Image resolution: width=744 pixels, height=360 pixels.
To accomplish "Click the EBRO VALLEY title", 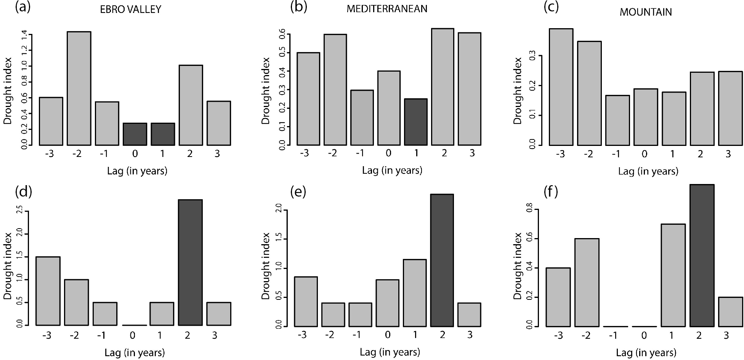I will click(130, 10).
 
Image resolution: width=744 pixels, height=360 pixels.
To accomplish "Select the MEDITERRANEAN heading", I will click(386, 9).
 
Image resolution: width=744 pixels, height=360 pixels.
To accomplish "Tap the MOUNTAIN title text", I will click(645, 12).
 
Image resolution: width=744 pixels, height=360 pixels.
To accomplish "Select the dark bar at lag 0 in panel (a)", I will click(135, 134).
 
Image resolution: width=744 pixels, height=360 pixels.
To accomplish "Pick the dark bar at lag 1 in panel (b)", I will click(416, 122).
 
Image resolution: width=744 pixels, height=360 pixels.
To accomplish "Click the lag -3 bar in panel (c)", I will click(561, 87).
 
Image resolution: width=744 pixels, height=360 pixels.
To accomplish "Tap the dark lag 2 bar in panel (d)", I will click(190, 262).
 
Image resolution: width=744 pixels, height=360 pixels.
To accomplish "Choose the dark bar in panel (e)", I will click(442, 260).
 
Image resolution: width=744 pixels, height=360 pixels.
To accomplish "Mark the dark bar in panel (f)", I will click(702, 255).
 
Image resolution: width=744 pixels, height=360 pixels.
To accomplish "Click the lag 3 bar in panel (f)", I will click(730, 312).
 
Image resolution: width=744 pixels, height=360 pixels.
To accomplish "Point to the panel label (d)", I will click(23, 192).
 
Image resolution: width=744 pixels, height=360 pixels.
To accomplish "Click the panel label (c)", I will click(551, 7).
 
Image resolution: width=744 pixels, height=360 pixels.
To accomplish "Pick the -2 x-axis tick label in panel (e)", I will click(330, 335).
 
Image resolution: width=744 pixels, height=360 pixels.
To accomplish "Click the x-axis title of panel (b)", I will click(392, 170).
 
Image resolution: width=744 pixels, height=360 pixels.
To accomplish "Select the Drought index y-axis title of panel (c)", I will click(517, 91).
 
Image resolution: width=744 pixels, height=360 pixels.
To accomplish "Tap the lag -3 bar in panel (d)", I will click(48, 291).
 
